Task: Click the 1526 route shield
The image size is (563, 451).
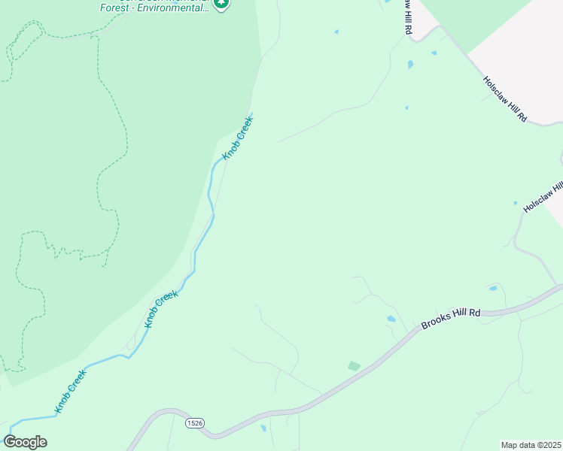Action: pos(195,423)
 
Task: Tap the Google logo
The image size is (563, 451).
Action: pos(25,442)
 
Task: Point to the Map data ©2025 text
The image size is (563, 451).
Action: pos(531,445)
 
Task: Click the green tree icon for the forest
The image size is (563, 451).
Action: pos(221,4)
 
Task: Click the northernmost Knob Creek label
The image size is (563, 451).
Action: pos(238,138)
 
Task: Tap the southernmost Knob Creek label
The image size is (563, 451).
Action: pos(72,390)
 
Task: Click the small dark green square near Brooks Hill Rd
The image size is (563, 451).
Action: pos(354,366)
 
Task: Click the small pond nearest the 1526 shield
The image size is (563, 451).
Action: pos(263,428)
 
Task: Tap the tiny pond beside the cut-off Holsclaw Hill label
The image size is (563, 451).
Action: pos(516,203)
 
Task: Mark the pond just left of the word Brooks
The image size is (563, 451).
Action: pos(391,319)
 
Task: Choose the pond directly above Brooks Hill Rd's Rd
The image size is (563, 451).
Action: pos(493,288)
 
